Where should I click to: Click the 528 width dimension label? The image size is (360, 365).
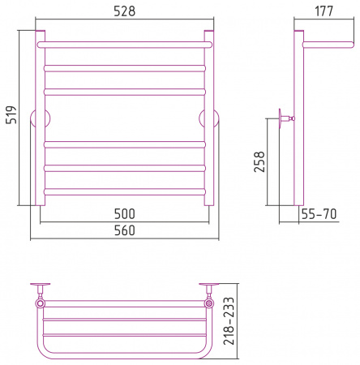click(124, 11)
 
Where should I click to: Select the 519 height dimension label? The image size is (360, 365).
click(11, 114)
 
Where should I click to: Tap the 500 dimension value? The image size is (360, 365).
click(124, 214)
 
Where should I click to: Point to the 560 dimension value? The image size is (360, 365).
click(124, 230)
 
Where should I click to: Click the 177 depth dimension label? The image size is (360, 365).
click(324, 11)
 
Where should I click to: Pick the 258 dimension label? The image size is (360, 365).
click(259, 161)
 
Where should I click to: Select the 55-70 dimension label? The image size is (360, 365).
click(319, 214)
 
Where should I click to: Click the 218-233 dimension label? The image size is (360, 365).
click(229, 321)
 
